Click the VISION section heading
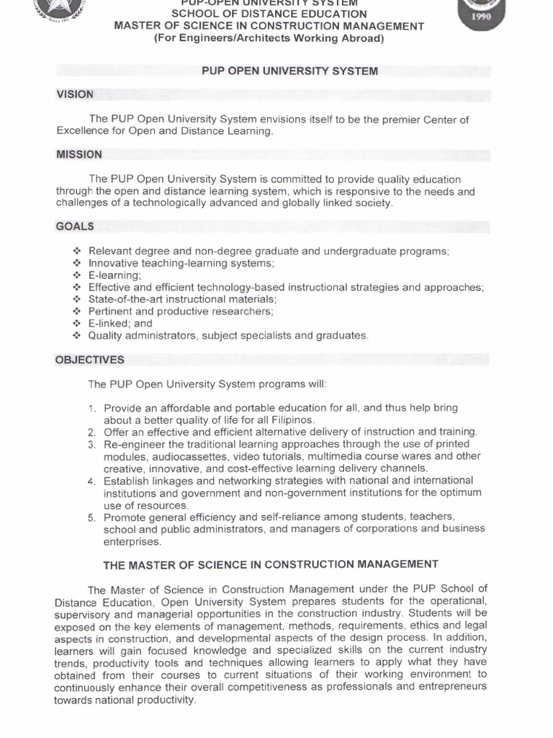point(75,94)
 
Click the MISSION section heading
point(79,154)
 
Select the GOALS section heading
point(75,226)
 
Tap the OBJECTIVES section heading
point(90,360)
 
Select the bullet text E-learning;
point(114,275)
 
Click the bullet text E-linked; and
point(120,324)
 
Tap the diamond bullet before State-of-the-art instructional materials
point(77,299)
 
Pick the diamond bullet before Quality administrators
point(77,336)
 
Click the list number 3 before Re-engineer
point(92,444)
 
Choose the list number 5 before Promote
point(92,517)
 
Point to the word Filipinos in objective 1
point(291,419)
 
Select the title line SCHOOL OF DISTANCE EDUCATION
point(269,14)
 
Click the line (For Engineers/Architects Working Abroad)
point(269,38)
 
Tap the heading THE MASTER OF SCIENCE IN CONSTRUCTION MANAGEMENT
point(271,564)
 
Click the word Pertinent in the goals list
point(112,311)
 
